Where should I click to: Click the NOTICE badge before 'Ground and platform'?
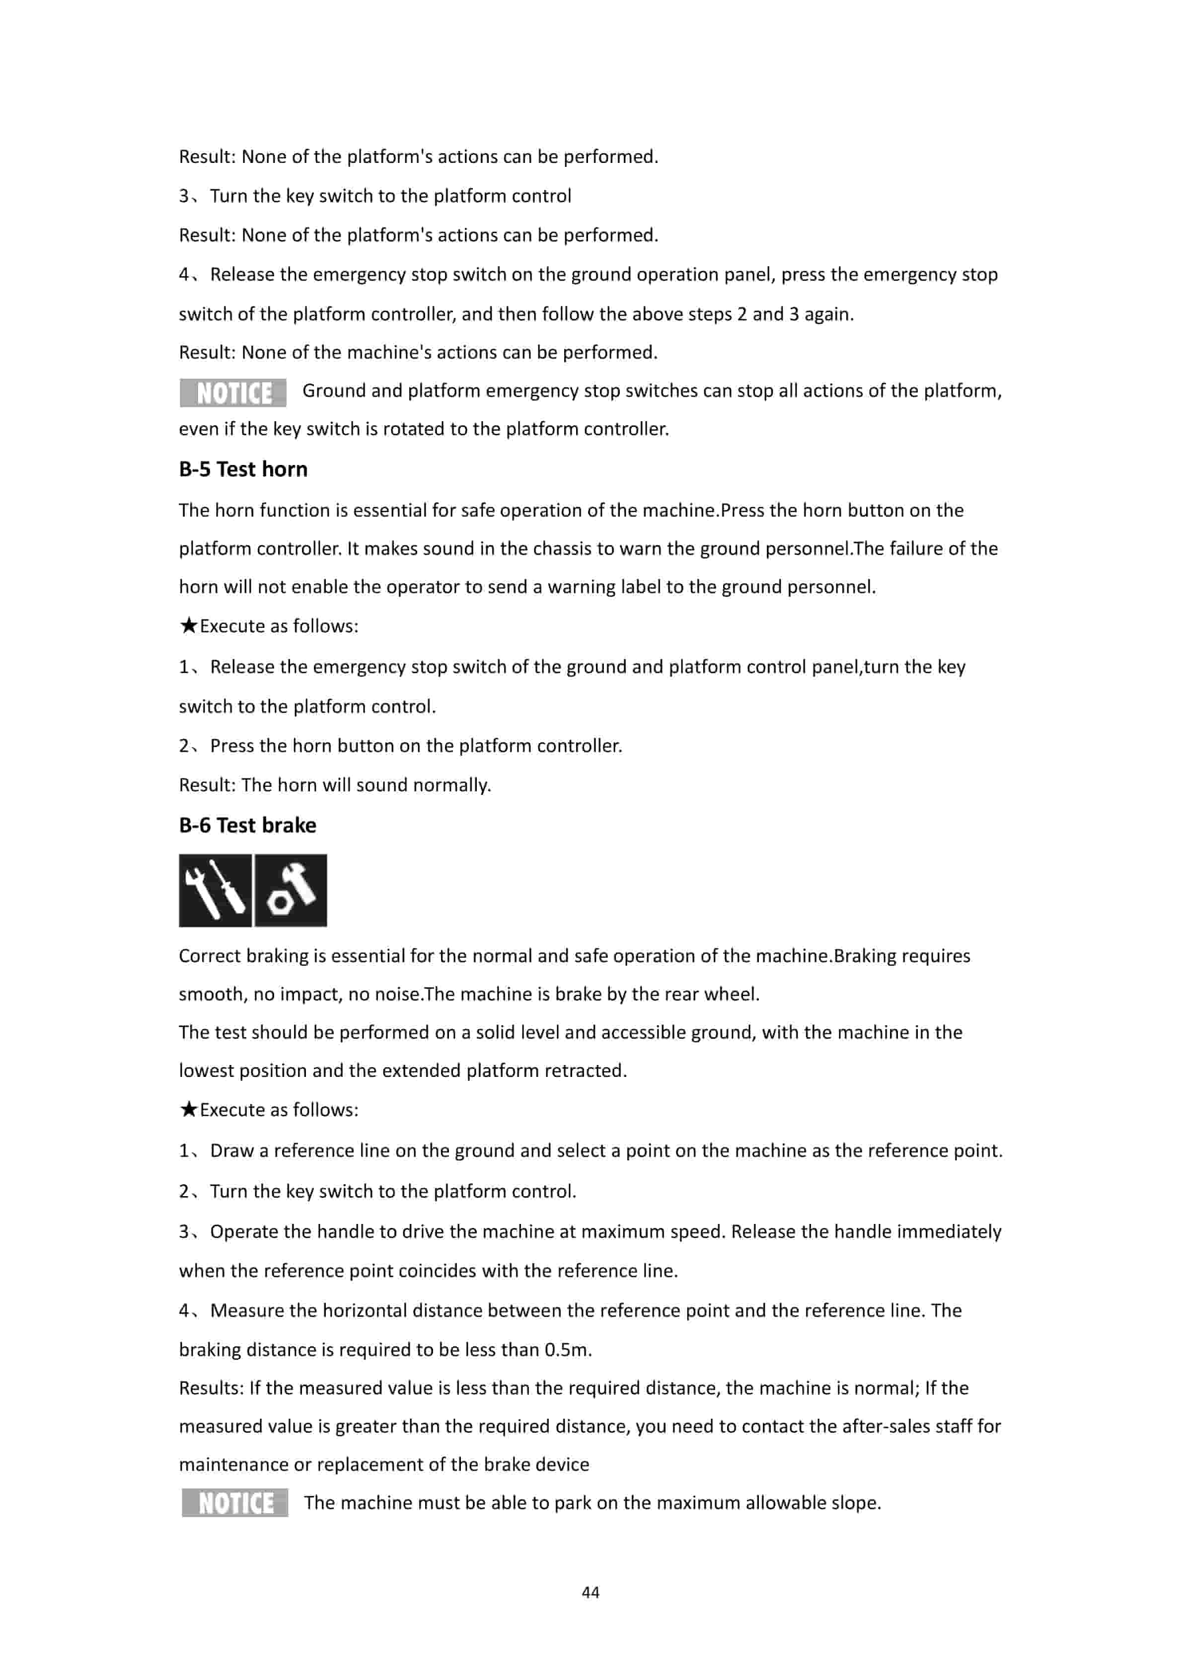pyautogui.click(x=233, y=393)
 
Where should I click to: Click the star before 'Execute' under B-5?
pyautogui.click(x=189, y=626)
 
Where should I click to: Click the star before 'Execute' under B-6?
pyautogui.click(x=189, y=1110)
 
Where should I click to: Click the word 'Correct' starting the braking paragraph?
pyautogui.click(x=210, y=956)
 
